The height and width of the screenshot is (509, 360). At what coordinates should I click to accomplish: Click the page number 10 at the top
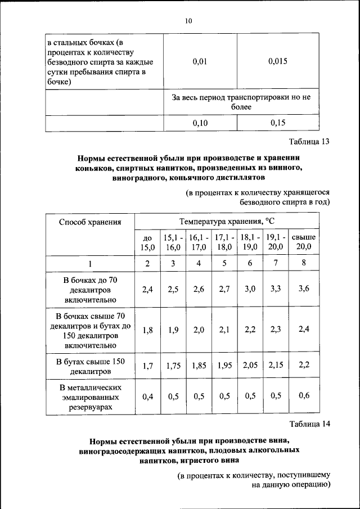pyautogui.click(x=188, y=21)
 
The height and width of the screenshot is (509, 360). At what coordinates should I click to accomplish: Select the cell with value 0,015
pyautogui.click(x=277, y=61)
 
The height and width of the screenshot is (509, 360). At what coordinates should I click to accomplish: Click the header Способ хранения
pyautogui.click(x=91, y=222)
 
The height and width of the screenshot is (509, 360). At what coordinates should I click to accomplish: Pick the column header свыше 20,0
pyautogui.click(x=304, y=242)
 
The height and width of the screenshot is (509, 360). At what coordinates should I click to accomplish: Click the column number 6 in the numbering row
pyautogui.click(x=249, y=263)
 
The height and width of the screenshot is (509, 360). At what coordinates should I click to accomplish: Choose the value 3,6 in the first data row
pyautogui.click(x=304, y=289)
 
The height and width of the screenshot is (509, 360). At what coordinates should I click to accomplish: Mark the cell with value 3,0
pyautogui.click(x=249, y=289)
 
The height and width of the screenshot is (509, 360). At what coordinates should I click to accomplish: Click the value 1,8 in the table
pyautogui.click(x=147, y=330)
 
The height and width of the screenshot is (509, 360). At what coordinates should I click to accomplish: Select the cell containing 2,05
pyautogui.click(x=249, y=366)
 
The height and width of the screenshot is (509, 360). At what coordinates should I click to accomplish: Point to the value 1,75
pyautogui.click(x=173, y=366)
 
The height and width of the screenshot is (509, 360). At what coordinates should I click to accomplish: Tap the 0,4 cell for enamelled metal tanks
pyautogui.click(x=147, y=397)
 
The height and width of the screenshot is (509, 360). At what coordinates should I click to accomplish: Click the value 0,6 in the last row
pyautogui.click(x=304, y=397)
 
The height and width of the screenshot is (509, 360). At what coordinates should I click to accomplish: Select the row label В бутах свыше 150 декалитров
pyautogui.click(x=91, y=366)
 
